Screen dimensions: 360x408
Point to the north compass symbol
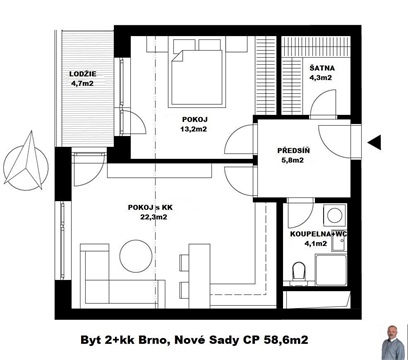(x=26, y=163)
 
